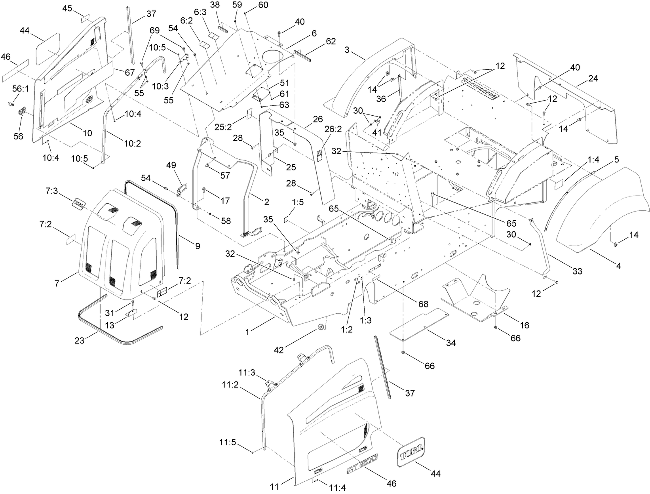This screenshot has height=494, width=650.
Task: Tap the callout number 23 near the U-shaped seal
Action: (x=80, y=340)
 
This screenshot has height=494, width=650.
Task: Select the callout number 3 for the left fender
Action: (x=347, y=50)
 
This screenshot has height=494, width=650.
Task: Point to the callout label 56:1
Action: (x=20, y=89)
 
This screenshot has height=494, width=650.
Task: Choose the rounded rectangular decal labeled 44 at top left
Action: (x=48, y=48)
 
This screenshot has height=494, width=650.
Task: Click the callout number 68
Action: (x=423, y=304)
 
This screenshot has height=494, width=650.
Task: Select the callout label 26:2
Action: (x=333, y=129)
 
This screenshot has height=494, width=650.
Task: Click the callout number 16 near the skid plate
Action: (x=525, y=325)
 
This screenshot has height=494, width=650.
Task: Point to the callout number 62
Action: (x=331, y=41)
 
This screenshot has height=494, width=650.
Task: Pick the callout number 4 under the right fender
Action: (x=618, y=266)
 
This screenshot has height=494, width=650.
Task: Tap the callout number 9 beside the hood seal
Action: (x=197, y=246)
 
